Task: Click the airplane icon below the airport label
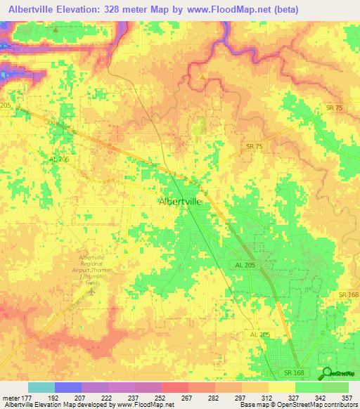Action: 90,290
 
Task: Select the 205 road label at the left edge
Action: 6,105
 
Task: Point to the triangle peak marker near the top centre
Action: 202,77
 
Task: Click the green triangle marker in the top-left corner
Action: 56,30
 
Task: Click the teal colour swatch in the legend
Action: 41,387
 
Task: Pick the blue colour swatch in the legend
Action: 68,387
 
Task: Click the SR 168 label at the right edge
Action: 348,294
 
